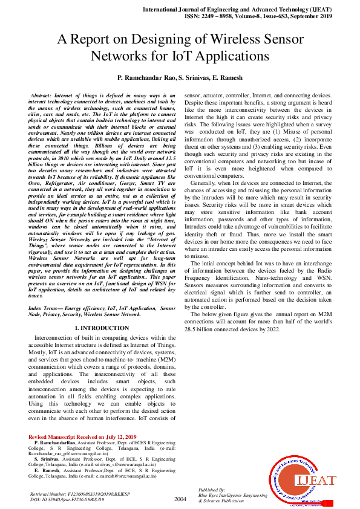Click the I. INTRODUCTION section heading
(102, 328)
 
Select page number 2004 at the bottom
(180, 499)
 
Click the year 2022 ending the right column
(273, 329)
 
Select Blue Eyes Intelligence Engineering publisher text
(232, 495)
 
